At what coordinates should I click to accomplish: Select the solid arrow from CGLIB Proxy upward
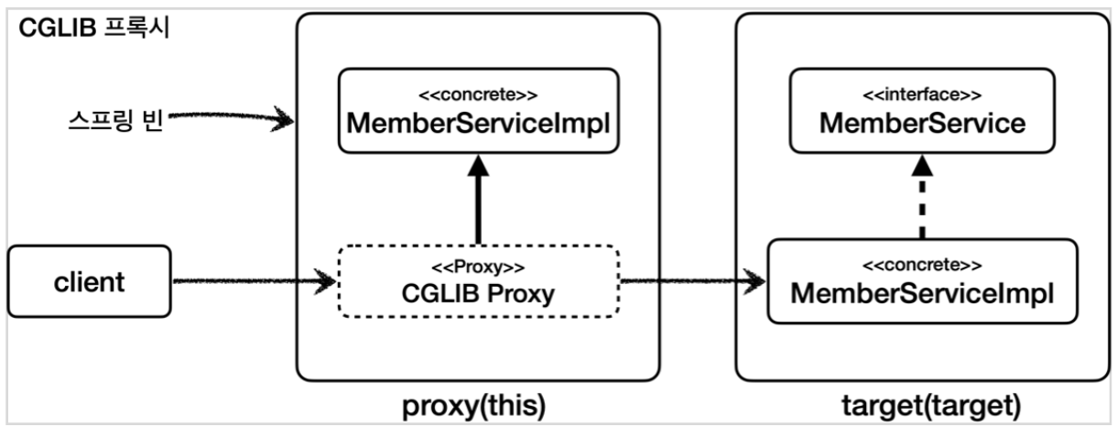pos(478,202)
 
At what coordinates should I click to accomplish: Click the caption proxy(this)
pos(478,404)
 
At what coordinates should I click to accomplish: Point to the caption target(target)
pos(921,404)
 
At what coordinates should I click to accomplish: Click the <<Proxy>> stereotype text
pos(478,268)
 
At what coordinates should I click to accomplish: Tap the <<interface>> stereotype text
pos(922,94)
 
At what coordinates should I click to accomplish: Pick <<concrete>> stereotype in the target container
pos(922,266)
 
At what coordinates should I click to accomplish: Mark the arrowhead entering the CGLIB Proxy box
pos(325,282)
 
